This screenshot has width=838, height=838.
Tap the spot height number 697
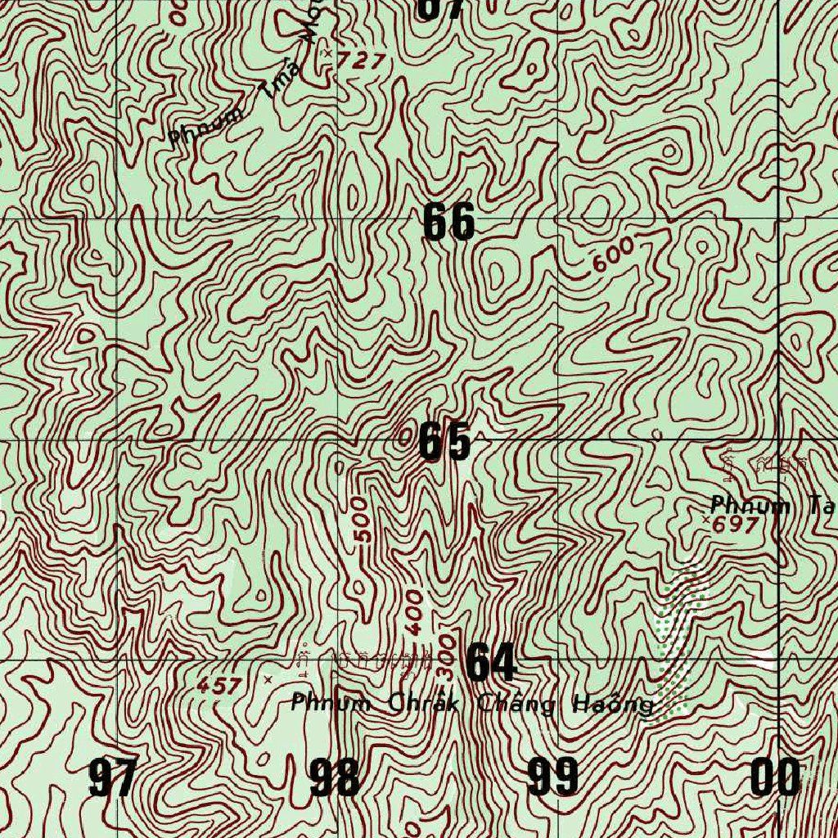(x=737, y=525)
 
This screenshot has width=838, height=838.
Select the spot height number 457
(x=219, y=686)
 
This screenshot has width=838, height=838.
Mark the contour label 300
(x=445, y=656)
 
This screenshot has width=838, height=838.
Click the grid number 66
(x=448, y=222)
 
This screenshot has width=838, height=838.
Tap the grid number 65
(x=444, y=442)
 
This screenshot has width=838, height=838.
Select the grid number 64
(x=491, y=662)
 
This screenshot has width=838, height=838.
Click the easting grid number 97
(x=113, y=777)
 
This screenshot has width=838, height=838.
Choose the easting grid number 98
(x=335, y=777)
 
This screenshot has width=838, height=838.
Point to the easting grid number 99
(x=553, y=777)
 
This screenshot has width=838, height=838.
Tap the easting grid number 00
(x=775, y=777)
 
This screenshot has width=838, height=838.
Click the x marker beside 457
(x=268, y=678)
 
